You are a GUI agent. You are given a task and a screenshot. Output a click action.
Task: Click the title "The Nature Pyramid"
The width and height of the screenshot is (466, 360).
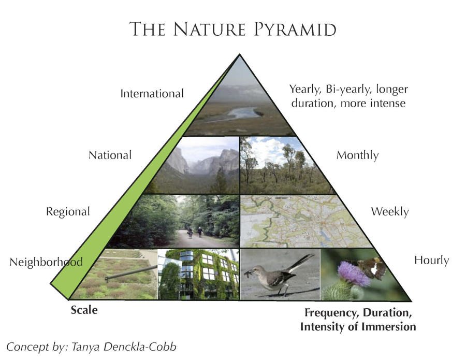(232, 29)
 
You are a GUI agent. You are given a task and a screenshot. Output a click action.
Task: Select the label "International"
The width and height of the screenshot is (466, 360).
(152, 94)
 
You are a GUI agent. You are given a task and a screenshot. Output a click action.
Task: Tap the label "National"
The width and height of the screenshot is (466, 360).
(110, 155)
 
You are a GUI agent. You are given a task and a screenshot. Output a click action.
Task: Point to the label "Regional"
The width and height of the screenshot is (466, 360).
(68, 211)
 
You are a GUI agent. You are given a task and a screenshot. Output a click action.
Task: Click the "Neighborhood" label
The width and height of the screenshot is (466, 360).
(46, 262)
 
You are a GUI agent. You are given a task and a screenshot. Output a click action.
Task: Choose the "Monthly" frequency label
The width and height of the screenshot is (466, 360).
(357, 155)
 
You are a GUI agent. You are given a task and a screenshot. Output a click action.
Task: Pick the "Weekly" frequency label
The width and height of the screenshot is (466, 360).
(389, 211)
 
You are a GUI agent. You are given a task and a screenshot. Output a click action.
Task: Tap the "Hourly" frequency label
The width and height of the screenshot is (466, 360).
(431, 260)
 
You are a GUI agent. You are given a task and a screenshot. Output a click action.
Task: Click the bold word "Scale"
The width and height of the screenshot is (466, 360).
(84, 311)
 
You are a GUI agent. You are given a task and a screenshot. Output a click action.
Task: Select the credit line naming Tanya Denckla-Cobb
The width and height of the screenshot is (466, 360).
(91, 347)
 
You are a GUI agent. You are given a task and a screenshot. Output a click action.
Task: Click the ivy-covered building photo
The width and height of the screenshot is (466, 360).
(199, 273)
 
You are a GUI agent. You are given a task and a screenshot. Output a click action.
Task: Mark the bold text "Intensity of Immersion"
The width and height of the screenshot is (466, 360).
(358, 327)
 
